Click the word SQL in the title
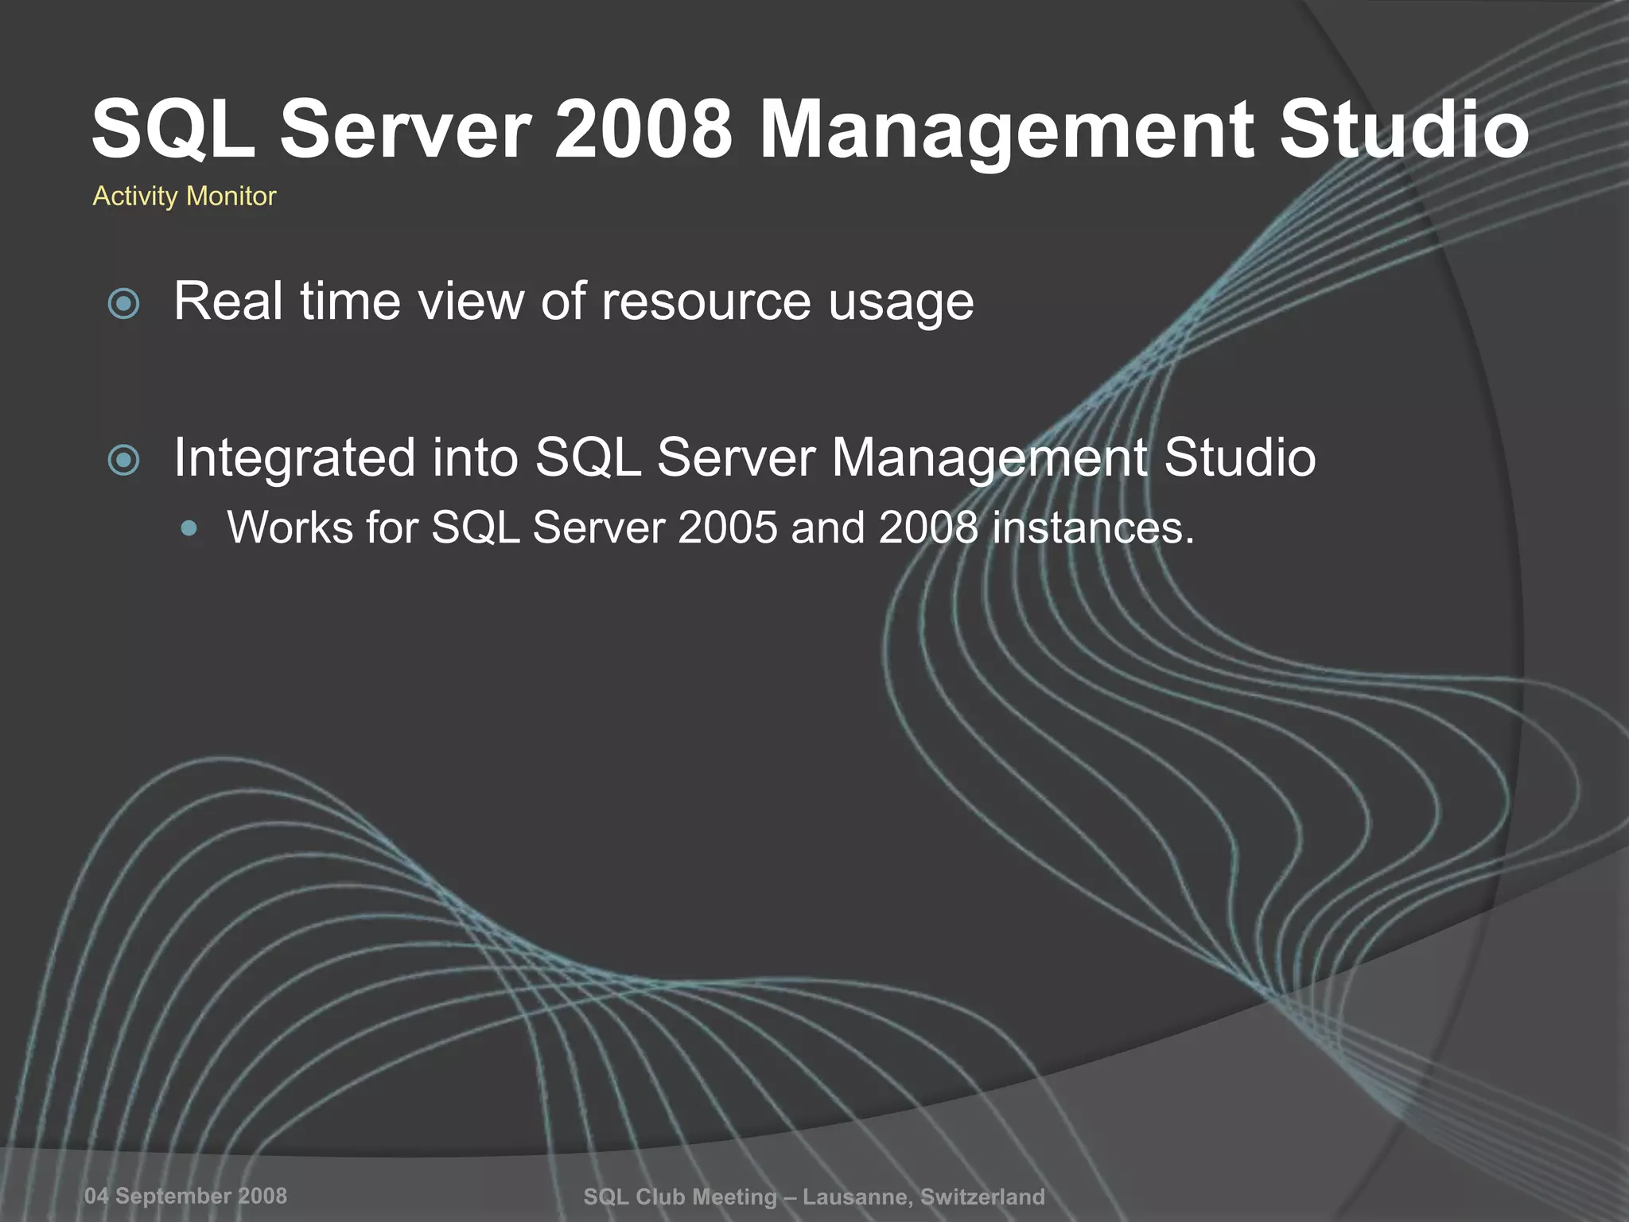173,130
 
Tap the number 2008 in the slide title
642,130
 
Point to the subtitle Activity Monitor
185,196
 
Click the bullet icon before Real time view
123,303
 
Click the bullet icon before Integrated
123,460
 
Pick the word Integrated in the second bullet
294,457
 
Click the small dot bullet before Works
189,527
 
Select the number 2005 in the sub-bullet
727,527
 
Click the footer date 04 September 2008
186,1196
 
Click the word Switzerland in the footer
982,1197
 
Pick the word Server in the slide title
405,130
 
